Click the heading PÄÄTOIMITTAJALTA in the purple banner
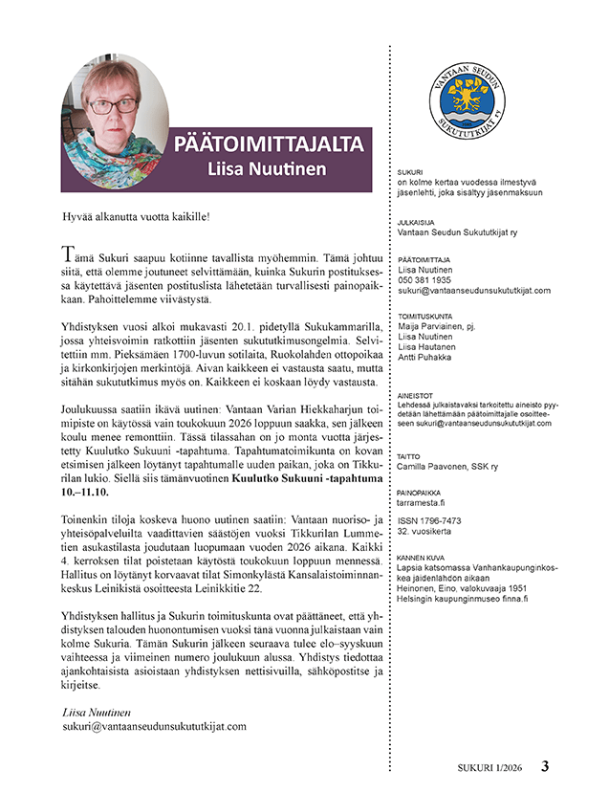coord(269,145)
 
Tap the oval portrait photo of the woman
coord(115,111)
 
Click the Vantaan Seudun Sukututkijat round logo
coord(468,100)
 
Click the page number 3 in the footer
coord(544,766)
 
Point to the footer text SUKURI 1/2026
coord(489,767)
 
